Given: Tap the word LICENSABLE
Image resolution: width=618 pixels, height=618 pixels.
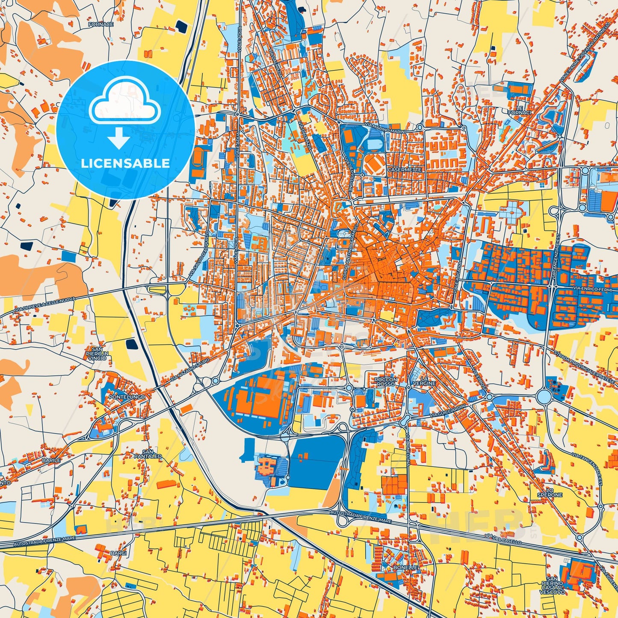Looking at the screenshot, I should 125,163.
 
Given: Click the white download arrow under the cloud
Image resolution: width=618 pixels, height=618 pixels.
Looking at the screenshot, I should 119,139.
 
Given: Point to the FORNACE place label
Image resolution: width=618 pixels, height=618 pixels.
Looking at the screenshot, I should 101,24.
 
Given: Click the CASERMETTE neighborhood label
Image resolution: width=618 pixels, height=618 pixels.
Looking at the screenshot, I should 404,170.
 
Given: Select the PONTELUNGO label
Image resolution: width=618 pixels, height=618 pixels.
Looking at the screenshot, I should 127,397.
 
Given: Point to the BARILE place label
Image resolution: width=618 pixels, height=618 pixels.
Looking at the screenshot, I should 51,460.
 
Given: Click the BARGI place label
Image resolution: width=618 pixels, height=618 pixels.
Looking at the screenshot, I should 118,553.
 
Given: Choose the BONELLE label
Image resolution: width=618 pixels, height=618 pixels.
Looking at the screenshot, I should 405,567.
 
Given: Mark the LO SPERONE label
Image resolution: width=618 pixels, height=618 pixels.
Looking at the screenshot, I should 550,492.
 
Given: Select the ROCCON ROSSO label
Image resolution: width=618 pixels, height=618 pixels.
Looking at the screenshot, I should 385,381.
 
